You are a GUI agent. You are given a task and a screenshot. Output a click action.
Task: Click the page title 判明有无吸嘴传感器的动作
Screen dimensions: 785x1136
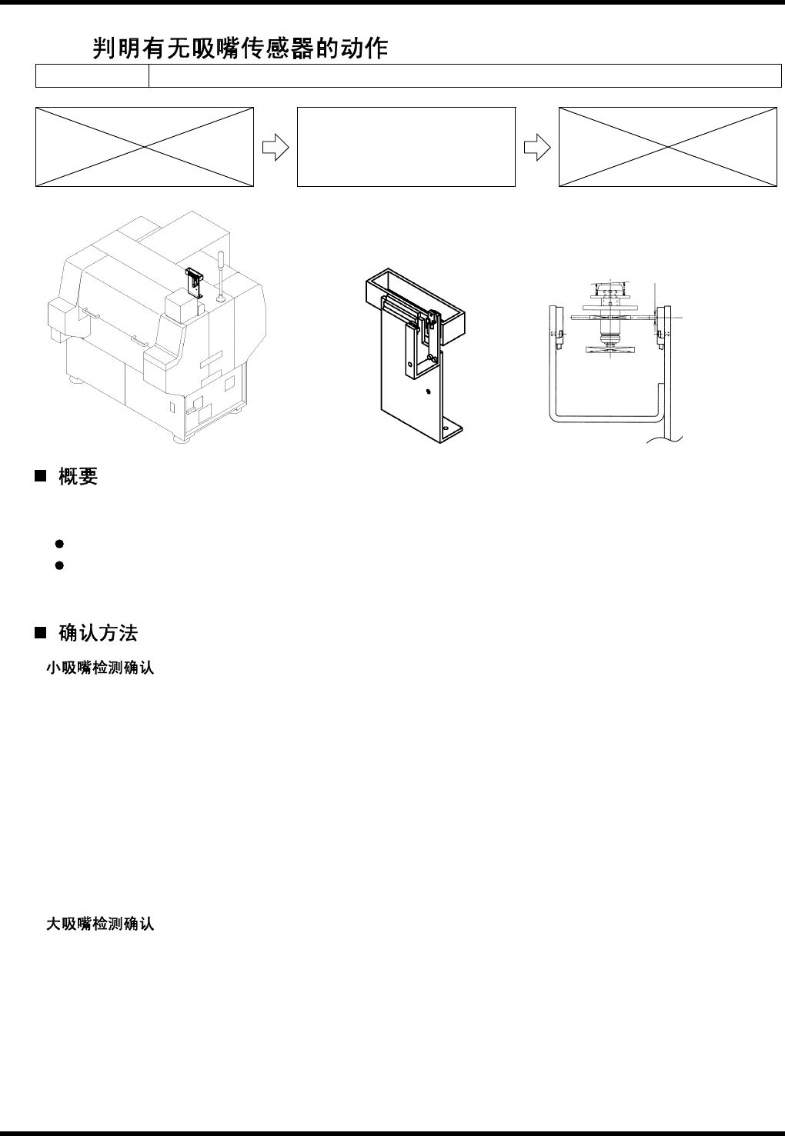(x=240, y=49)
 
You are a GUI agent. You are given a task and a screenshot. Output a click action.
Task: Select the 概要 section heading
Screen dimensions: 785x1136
(x=78, y=477)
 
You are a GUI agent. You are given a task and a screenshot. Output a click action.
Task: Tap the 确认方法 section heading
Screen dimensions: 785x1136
(x=98, y=635)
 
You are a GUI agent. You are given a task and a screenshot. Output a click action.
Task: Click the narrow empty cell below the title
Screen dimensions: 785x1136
(x=92, y=76)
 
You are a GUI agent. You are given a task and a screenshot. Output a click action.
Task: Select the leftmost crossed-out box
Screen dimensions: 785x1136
(x=145, y=147)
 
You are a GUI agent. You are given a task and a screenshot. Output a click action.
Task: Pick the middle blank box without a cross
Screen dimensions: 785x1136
(x=406, y=147)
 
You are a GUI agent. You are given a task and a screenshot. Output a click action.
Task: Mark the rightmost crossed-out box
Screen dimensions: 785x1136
(x=667, y=147)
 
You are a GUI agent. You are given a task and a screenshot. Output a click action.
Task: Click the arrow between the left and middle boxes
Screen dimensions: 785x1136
(x=275, y=147)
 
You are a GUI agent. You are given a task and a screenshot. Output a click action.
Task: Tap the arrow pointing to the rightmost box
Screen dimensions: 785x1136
(x=536, y=147)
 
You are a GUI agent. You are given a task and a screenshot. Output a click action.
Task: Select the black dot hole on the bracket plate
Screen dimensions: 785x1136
(x=428, y=390)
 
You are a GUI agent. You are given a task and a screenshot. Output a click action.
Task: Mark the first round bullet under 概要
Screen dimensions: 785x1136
(x=58, y=544)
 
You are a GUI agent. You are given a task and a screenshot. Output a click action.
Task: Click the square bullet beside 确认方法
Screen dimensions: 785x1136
(x=40, y=635)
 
